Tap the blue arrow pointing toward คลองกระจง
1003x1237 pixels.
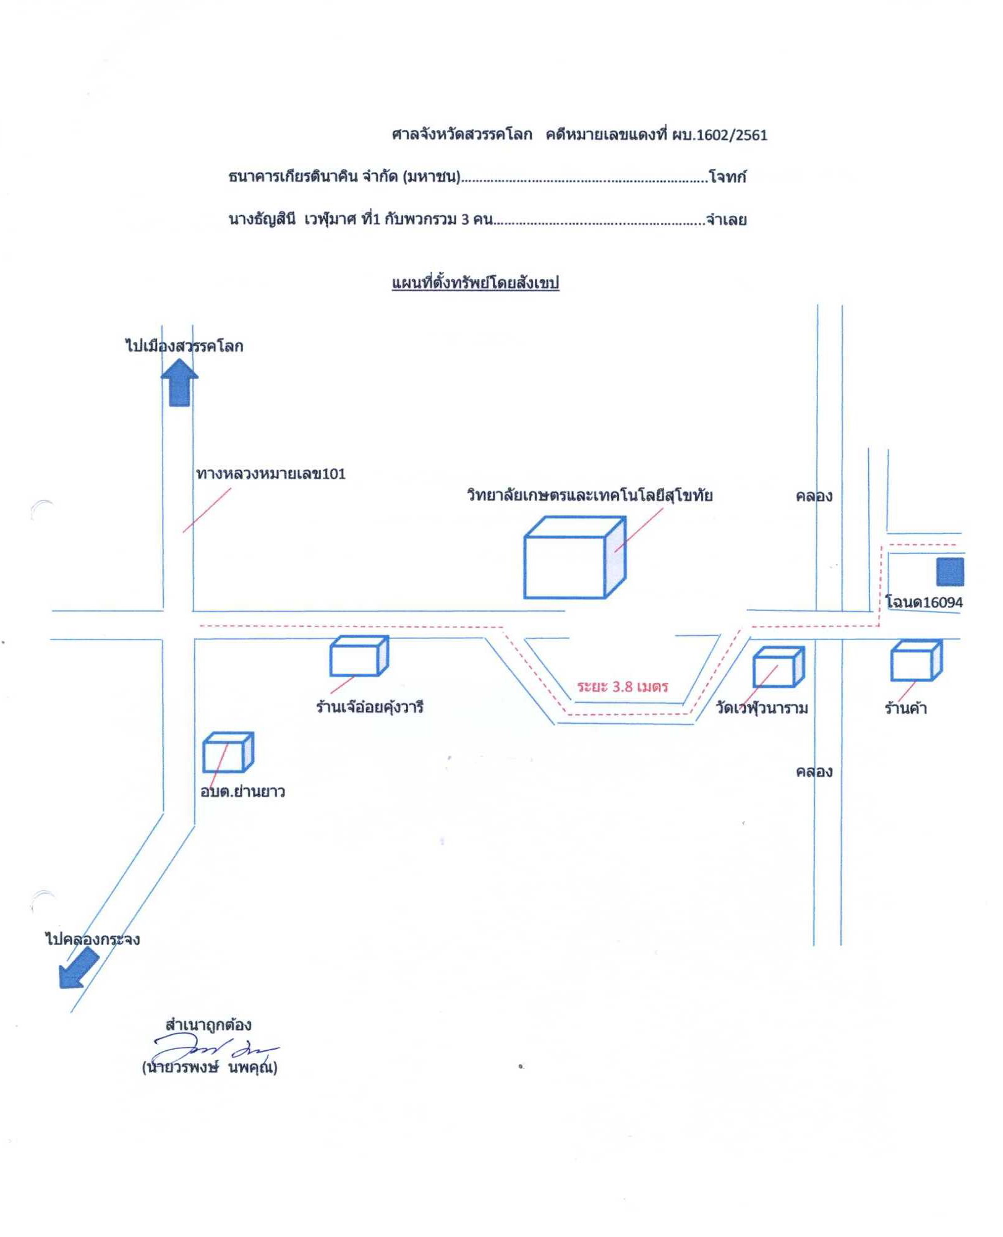point(79,969)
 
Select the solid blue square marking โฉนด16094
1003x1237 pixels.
point(950,571)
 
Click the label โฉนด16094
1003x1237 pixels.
point(924,602)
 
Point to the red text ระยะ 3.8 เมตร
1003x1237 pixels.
point(623,687)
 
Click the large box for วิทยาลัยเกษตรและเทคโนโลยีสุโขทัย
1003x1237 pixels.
point(574,557)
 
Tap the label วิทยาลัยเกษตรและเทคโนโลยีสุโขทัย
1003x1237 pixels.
point(590,495)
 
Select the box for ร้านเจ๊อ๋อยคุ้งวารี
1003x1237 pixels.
point(359,656)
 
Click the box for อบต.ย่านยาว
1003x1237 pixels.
point(228,752)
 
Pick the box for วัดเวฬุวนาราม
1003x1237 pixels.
point(779,667)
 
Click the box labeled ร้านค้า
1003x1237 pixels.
point(916,661)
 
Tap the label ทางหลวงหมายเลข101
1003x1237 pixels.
point(271,474)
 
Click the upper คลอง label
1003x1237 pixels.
point(814,496)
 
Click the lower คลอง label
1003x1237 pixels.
point(814,772)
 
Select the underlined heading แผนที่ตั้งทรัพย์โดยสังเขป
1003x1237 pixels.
point(476,283)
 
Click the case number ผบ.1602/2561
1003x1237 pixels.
point(720,135)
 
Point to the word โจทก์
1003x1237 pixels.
point(728,178)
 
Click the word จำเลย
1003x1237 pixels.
point(726,220)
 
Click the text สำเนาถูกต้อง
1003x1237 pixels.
point(208,1025)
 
